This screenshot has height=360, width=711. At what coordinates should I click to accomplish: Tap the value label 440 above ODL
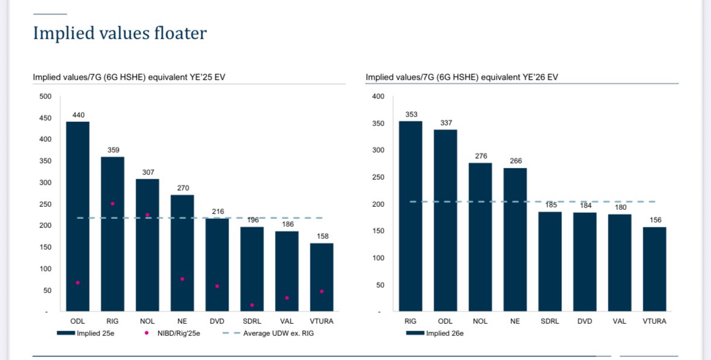[78, 115]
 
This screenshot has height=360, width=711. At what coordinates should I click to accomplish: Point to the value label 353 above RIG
[411, 114]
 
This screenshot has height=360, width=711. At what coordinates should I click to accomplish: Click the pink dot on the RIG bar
[112, 204]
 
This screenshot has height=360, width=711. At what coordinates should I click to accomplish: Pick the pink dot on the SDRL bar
[252, 305]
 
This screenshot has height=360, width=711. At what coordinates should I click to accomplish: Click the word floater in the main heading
[174, 33]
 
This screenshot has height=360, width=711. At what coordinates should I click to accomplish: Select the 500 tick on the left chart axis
[46, 96]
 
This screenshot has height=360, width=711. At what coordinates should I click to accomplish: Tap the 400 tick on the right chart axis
[378, 96]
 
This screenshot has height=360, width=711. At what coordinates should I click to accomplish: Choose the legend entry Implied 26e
[434, 333]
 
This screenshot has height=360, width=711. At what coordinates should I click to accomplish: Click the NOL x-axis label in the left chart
[147, 321]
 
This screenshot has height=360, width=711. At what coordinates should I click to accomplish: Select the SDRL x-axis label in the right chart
[550, 321]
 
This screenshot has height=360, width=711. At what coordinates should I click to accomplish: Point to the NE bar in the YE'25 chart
[182, 253]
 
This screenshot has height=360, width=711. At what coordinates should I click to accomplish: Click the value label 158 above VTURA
[322, 236]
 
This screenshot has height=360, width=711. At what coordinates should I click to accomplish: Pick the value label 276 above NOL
[480, 156]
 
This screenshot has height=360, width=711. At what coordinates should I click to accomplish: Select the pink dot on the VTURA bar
[322, 291]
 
